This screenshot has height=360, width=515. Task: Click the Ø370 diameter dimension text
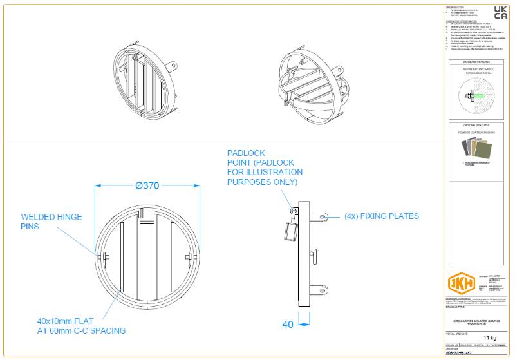coord(147,185)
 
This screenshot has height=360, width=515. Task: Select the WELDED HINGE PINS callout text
coord(51,222)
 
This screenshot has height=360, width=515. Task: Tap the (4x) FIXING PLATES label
coord(381,216)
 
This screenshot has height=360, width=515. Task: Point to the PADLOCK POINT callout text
coord(265,167)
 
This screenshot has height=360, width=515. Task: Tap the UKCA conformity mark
coord(500,12)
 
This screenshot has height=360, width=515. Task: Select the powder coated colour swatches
coord(478,150)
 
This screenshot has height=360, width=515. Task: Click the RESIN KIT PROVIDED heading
coord(478,68)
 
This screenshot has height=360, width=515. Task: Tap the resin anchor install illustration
coord(478,97)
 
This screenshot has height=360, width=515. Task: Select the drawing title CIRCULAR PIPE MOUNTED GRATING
coord(478,321)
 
